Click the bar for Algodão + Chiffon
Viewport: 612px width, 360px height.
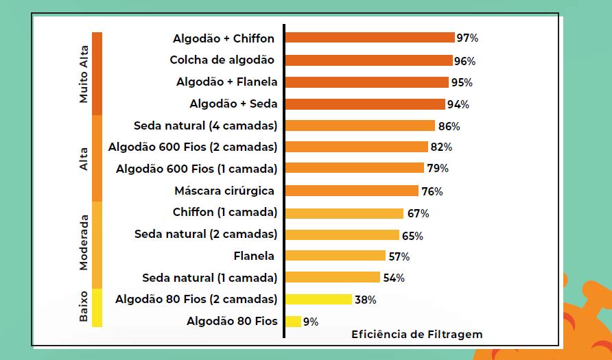[369, 38]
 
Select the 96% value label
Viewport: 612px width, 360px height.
[464, 61]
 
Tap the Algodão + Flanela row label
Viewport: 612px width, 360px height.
[226, 82]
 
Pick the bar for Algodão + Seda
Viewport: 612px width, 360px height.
[364, 104]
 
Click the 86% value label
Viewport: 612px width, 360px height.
[449, 127]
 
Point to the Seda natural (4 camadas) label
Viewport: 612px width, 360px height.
[206, 125]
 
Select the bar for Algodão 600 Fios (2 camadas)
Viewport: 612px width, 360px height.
[356, 147]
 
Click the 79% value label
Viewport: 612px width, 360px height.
[438, 169]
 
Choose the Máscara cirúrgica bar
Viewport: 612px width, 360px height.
[351, 191]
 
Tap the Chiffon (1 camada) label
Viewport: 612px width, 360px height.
[225, 212]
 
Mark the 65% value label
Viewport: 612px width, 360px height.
[412, 236]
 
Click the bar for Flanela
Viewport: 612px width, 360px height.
[335, 256]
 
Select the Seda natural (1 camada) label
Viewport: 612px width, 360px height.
[209, 278]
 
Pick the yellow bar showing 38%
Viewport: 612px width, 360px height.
[318, 300]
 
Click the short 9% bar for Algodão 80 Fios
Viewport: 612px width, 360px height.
[293, 322]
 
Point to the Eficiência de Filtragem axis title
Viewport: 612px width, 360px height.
[416, 335]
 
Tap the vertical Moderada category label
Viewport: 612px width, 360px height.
[84, 243]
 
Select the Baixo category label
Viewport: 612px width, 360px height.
[84, 306]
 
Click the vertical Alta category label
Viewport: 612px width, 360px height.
[84, 158]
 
